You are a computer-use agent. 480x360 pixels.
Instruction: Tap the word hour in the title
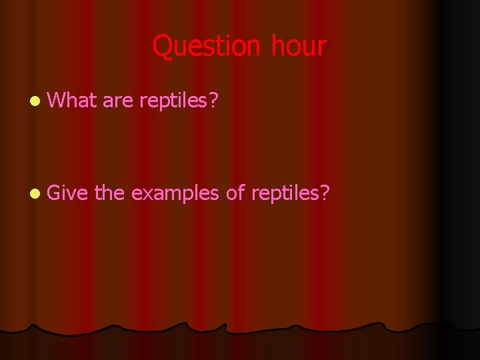[x=299, y=47]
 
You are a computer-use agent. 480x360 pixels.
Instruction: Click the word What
[x=72, y=101]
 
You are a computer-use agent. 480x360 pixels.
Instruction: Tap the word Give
[x=69, y=193]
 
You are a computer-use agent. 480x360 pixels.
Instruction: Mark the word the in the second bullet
[x=109, y=193]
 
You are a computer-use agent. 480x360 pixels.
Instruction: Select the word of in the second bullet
[x=235, y=193]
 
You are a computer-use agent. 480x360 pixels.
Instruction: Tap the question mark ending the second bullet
[x=325, y=193]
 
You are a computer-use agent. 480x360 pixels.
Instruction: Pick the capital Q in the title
[x=163, y=47]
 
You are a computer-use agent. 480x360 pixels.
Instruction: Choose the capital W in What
[x=57, y=101]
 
